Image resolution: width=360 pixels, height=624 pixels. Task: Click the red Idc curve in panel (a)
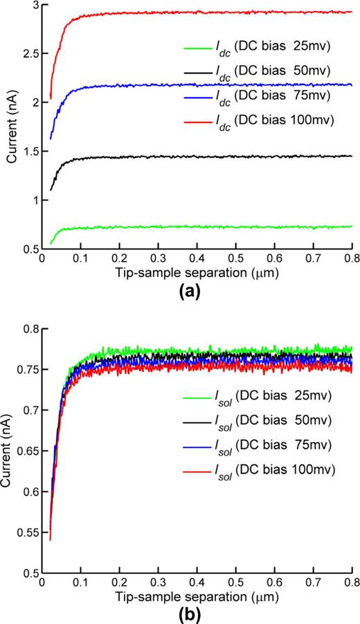pyautogui.click(x=208, y=12)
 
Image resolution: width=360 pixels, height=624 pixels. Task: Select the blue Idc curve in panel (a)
pyautogui.click(x=208, y=85)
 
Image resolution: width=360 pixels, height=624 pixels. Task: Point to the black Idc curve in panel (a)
pyautogui.click(x=208, y=157)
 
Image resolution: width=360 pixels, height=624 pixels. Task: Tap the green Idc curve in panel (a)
pyautogui.click(x=208, y=226)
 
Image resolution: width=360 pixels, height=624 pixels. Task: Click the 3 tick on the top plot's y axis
pyautogui.click(x=35, y=5)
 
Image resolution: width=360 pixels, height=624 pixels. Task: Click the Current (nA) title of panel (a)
pyautogui.click(x=11, y=127)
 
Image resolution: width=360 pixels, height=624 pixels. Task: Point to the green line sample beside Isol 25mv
pyautogui.click(x=201, y=416)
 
